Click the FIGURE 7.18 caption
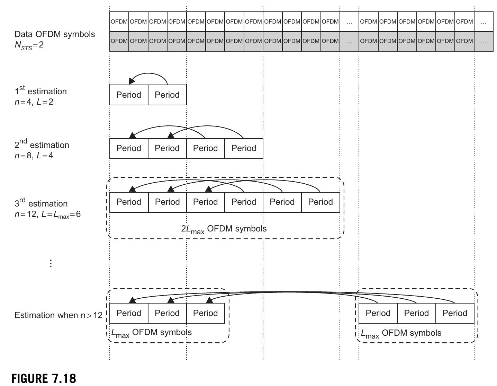(44, 378)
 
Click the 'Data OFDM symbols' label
(54, 34)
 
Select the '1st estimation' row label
(40, 91)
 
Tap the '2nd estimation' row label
(42, 144)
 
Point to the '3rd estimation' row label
(41, 203)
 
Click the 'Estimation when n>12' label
(58, 315)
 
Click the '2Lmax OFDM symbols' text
(224, 229)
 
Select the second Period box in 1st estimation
(167, 95)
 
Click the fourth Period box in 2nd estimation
(244, 148)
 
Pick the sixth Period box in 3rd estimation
(320, 202)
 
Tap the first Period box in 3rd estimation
(129, 202)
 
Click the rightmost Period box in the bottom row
(455, 313)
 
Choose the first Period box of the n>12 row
(129, 313)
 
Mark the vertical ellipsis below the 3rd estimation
(51, 263)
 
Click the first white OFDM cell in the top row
(119, 21)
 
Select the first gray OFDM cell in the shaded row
(119, 41)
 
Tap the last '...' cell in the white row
(484, 21)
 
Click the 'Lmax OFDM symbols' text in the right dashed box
(401, 333)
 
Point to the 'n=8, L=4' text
(34, 156)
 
